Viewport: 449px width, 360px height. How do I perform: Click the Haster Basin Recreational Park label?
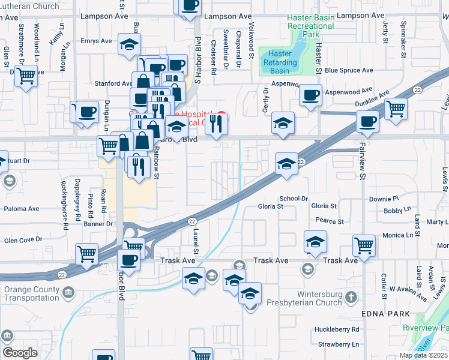point(310,26)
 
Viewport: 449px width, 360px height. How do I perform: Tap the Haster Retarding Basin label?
point(280,62)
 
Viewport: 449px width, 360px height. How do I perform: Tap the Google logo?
point(20,353)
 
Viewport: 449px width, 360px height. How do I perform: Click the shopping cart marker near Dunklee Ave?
point(396,110)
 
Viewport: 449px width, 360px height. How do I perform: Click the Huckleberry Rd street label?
point(337,329)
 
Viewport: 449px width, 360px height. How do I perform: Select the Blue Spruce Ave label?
point(349,70)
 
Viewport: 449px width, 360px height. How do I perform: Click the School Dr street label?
point(294,199)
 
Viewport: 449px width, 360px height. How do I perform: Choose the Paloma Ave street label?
point(22,209)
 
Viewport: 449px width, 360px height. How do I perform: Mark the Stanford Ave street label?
point(113,83)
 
